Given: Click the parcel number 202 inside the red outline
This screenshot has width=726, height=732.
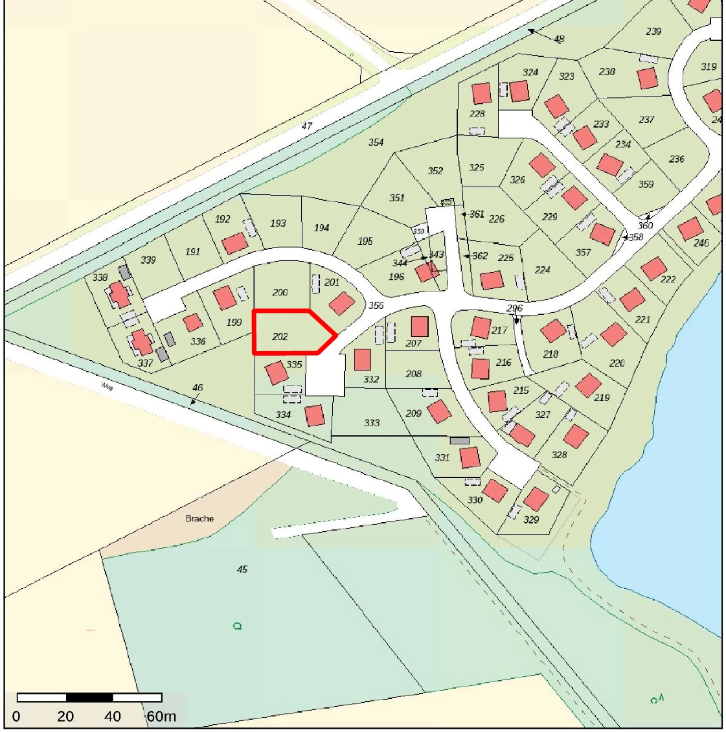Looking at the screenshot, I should point(280,337).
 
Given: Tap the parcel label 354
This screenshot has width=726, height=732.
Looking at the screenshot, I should point(376,143).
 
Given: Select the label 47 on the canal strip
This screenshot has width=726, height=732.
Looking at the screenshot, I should point(306,126).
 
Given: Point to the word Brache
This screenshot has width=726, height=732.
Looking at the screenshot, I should point(199,519).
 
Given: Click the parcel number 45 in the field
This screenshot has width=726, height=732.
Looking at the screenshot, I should point(242,569).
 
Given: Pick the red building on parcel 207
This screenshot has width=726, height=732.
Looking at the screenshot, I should point(420,326).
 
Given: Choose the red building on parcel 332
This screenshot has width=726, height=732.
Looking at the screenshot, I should point(363,360).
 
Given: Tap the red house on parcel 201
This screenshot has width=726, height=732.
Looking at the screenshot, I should point(341,303).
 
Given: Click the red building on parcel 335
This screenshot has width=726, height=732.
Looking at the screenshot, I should point(277,372).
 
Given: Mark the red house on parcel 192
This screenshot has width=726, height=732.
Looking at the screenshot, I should point(234,244).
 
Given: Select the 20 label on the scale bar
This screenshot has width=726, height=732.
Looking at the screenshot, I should point(65,716).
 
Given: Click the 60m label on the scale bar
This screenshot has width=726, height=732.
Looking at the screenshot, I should point(161,716).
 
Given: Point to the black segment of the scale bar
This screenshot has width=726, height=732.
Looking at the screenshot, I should point(89,698).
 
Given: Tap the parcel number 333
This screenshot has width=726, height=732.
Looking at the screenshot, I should point(372,423).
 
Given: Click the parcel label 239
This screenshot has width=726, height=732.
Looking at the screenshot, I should point(653,32).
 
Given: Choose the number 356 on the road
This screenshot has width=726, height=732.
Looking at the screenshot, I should point(375,306).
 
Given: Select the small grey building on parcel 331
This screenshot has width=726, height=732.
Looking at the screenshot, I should point(459,440).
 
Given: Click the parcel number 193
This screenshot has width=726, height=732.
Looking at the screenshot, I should point(278,223).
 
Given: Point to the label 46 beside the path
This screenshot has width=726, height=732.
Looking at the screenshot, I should point(198,388).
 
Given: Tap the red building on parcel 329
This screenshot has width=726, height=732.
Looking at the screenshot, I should point(536,499).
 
